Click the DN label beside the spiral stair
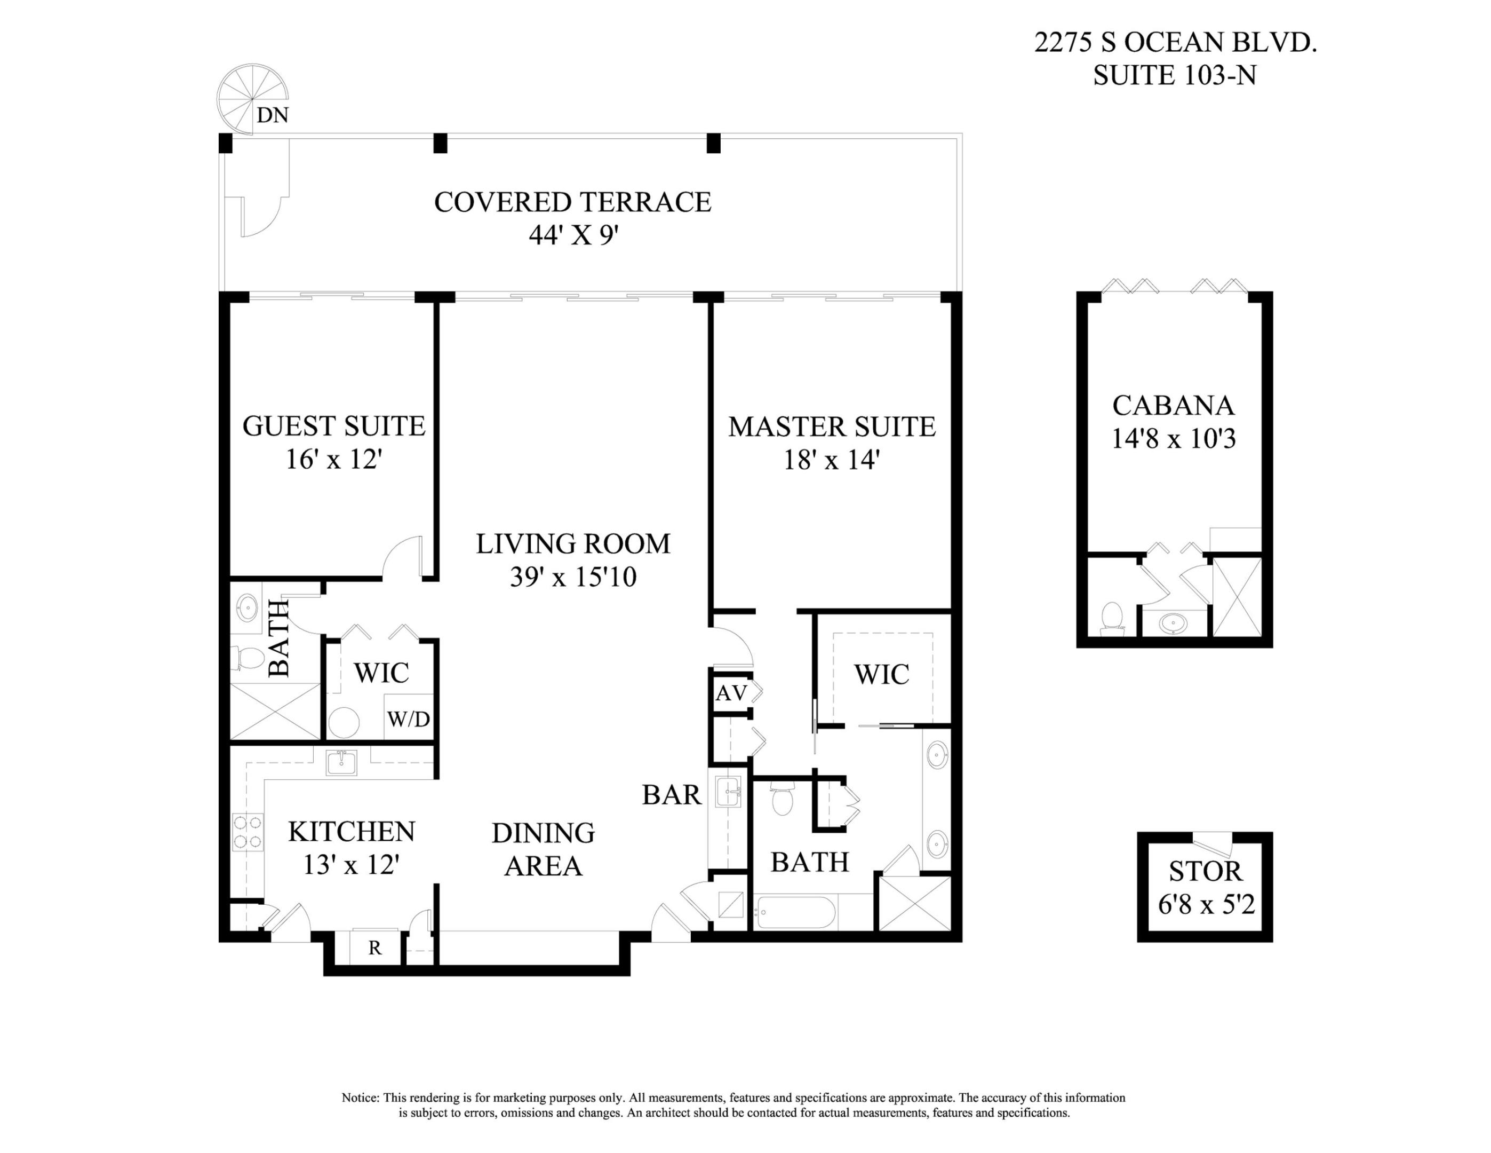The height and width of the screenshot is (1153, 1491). pyautogui.click(x=273, y=115)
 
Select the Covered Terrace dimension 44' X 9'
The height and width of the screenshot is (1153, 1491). pyautogui.click(x=573, y=235)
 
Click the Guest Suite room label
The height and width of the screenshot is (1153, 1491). pyautogui.click(x=334, y=426)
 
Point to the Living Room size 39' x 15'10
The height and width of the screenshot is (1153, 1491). pyautogui.click(x=573, y=577)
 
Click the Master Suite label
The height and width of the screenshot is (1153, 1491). pyautogui.click(x=832, y=427)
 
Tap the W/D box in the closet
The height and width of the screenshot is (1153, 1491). pyautogui.click(x=408, y=718)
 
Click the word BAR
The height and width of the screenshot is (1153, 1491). pyautogui.click(x=672, y=795)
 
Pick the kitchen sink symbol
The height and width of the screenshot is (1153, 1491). pyautogui.click(x=341, y=762)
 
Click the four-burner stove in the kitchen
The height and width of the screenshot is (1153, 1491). pyautogui.click(x=248, y=832)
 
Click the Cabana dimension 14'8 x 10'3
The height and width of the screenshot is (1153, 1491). pyautogui.click(x=1173, y=439)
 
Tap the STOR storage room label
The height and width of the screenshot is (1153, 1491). pyautogui.click(x=1205, y=872)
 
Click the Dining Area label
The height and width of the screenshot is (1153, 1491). pyautogui.click(x=544, y=849)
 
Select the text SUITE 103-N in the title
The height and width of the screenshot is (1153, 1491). pyautogui.click(x=1174, y=75)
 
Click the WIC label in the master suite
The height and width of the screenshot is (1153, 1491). pyautogui.click(x=881, y=675)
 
